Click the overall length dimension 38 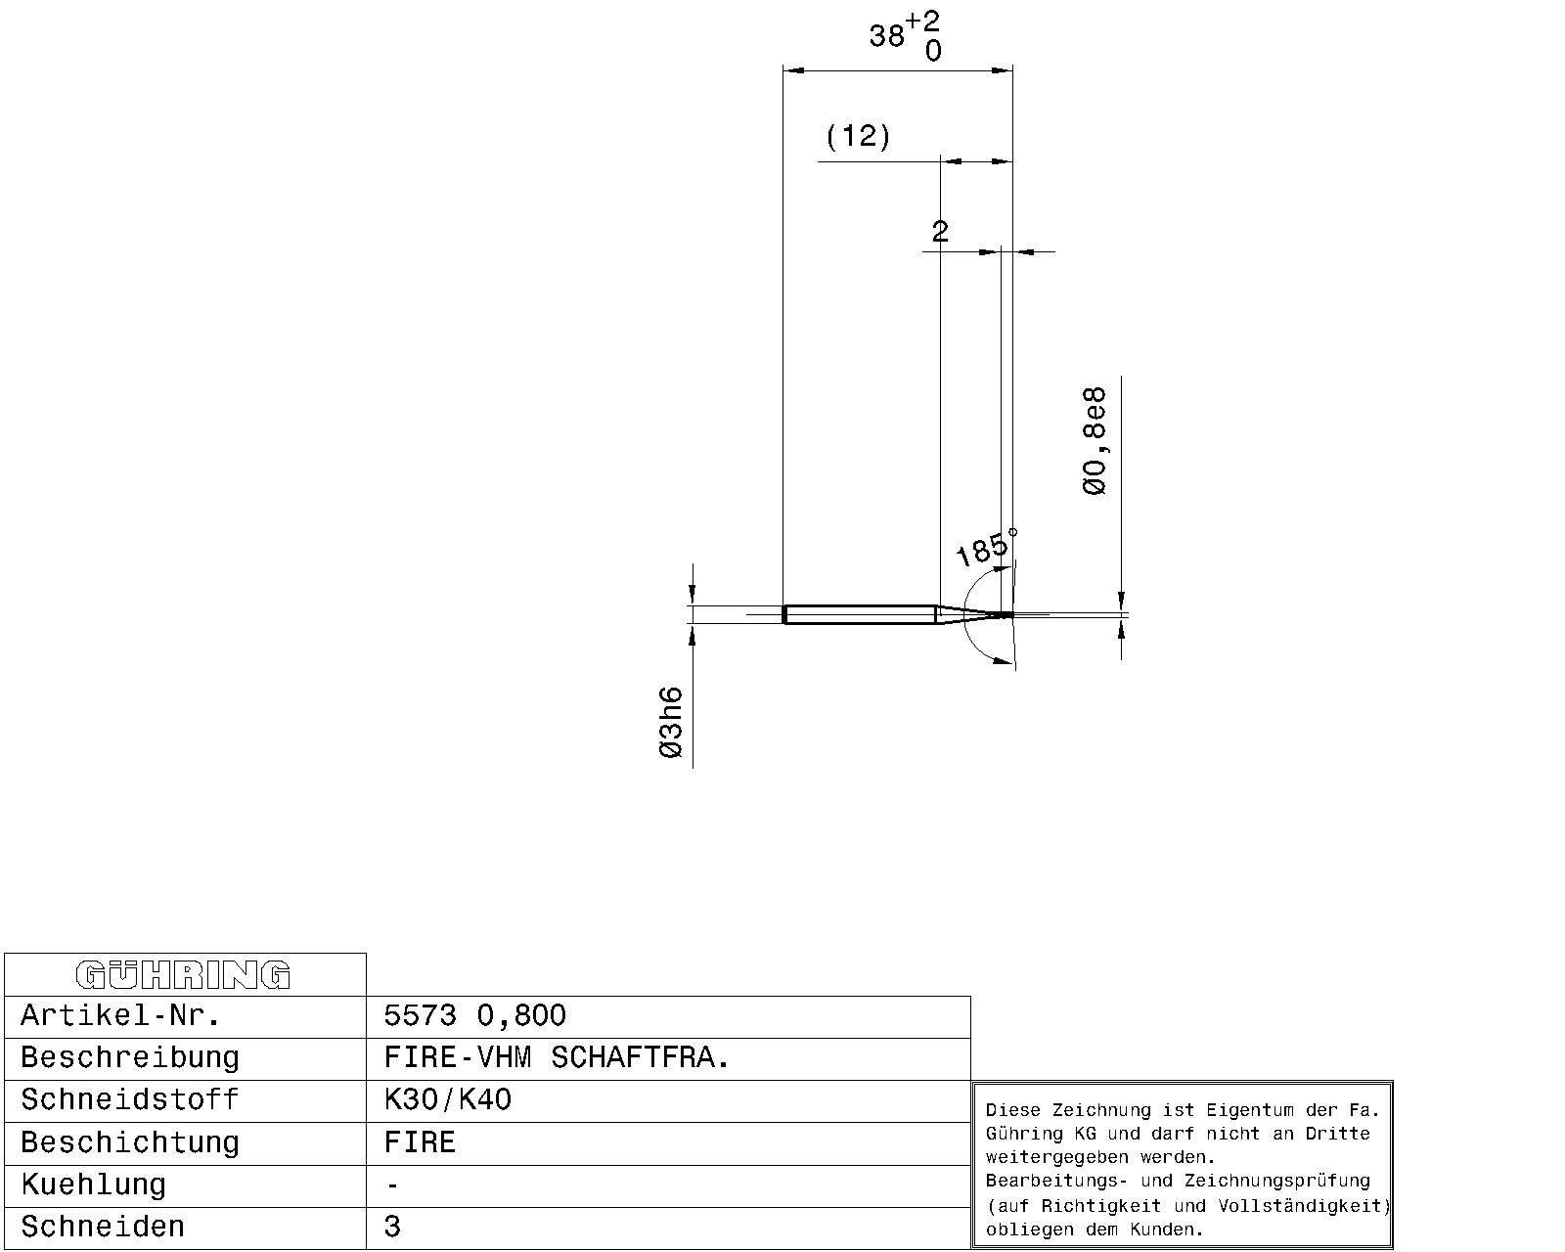coord(886,35)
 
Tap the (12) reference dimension coord(858,136)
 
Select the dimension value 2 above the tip coord(940,232)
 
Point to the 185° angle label coord(985,547)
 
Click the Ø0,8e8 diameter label coord(1095,441)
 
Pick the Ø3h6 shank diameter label coord(671,723)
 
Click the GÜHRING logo coord(183,975)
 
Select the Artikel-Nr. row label coord(120,1015)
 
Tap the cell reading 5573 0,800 coord(475,1015)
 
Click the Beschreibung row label coord(129,1057)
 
